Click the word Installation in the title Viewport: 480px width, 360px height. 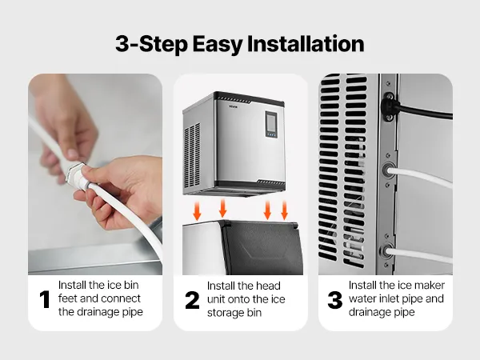click(x=306, y=44)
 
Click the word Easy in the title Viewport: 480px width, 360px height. click(x=218, y=45)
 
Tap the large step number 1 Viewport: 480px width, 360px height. click(x=45, y=299)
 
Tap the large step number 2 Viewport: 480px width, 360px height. click(x=192, y=300)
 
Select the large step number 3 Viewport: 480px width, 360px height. click(x=335, y=300)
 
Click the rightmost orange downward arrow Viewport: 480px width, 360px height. click(x=284, y=210)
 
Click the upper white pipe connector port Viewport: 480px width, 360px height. click(x=389, y=170)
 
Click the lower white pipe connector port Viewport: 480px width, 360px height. click(x=387, y=252)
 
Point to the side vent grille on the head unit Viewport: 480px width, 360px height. click(x=192, y=156)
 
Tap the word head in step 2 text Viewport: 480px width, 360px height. click(x=268, y=286)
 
